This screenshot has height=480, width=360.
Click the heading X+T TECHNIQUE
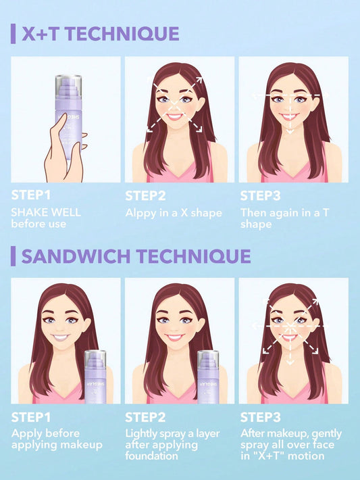(101, 34)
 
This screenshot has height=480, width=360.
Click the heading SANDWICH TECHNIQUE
(136, 256)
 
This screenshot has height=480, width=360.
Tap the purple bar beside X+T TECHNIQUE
(13, 34)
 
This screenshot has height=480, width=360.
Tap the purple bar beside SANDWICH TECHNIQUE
(13, 256)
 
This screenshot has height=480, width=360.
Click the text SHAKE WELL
(46, 212)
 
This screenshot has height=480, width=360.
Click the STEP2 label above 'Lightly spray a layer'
(146, 418)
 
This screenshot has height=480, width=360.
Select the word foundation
(153, 457)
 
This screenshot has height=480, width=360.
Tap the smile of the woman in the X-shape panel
(174, 116)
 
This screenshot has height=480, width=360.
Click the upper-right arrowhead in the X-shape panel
(200, 79)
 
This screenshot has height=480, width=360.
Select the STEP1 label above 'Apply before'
(32, 418)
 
